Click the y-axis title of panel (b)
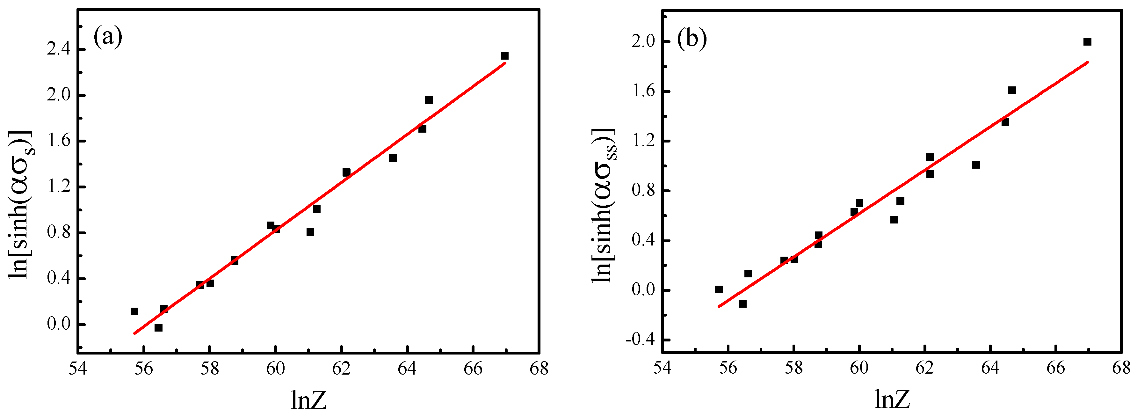[605, 205]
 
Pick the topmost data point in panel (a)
[504, 56]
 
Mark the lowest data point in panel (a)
[158, 328]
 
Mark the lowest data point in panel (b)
[743, 304]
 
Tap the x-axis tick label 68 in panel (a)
[539, 369]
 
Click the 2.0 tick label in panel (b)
[643, 41]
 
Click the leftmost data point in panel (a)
[134, 311]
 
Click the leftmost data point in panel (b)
[719, 290]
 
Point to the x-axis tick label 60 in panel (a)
[275, 369]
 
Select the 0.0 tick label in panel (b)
[643, 290]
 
